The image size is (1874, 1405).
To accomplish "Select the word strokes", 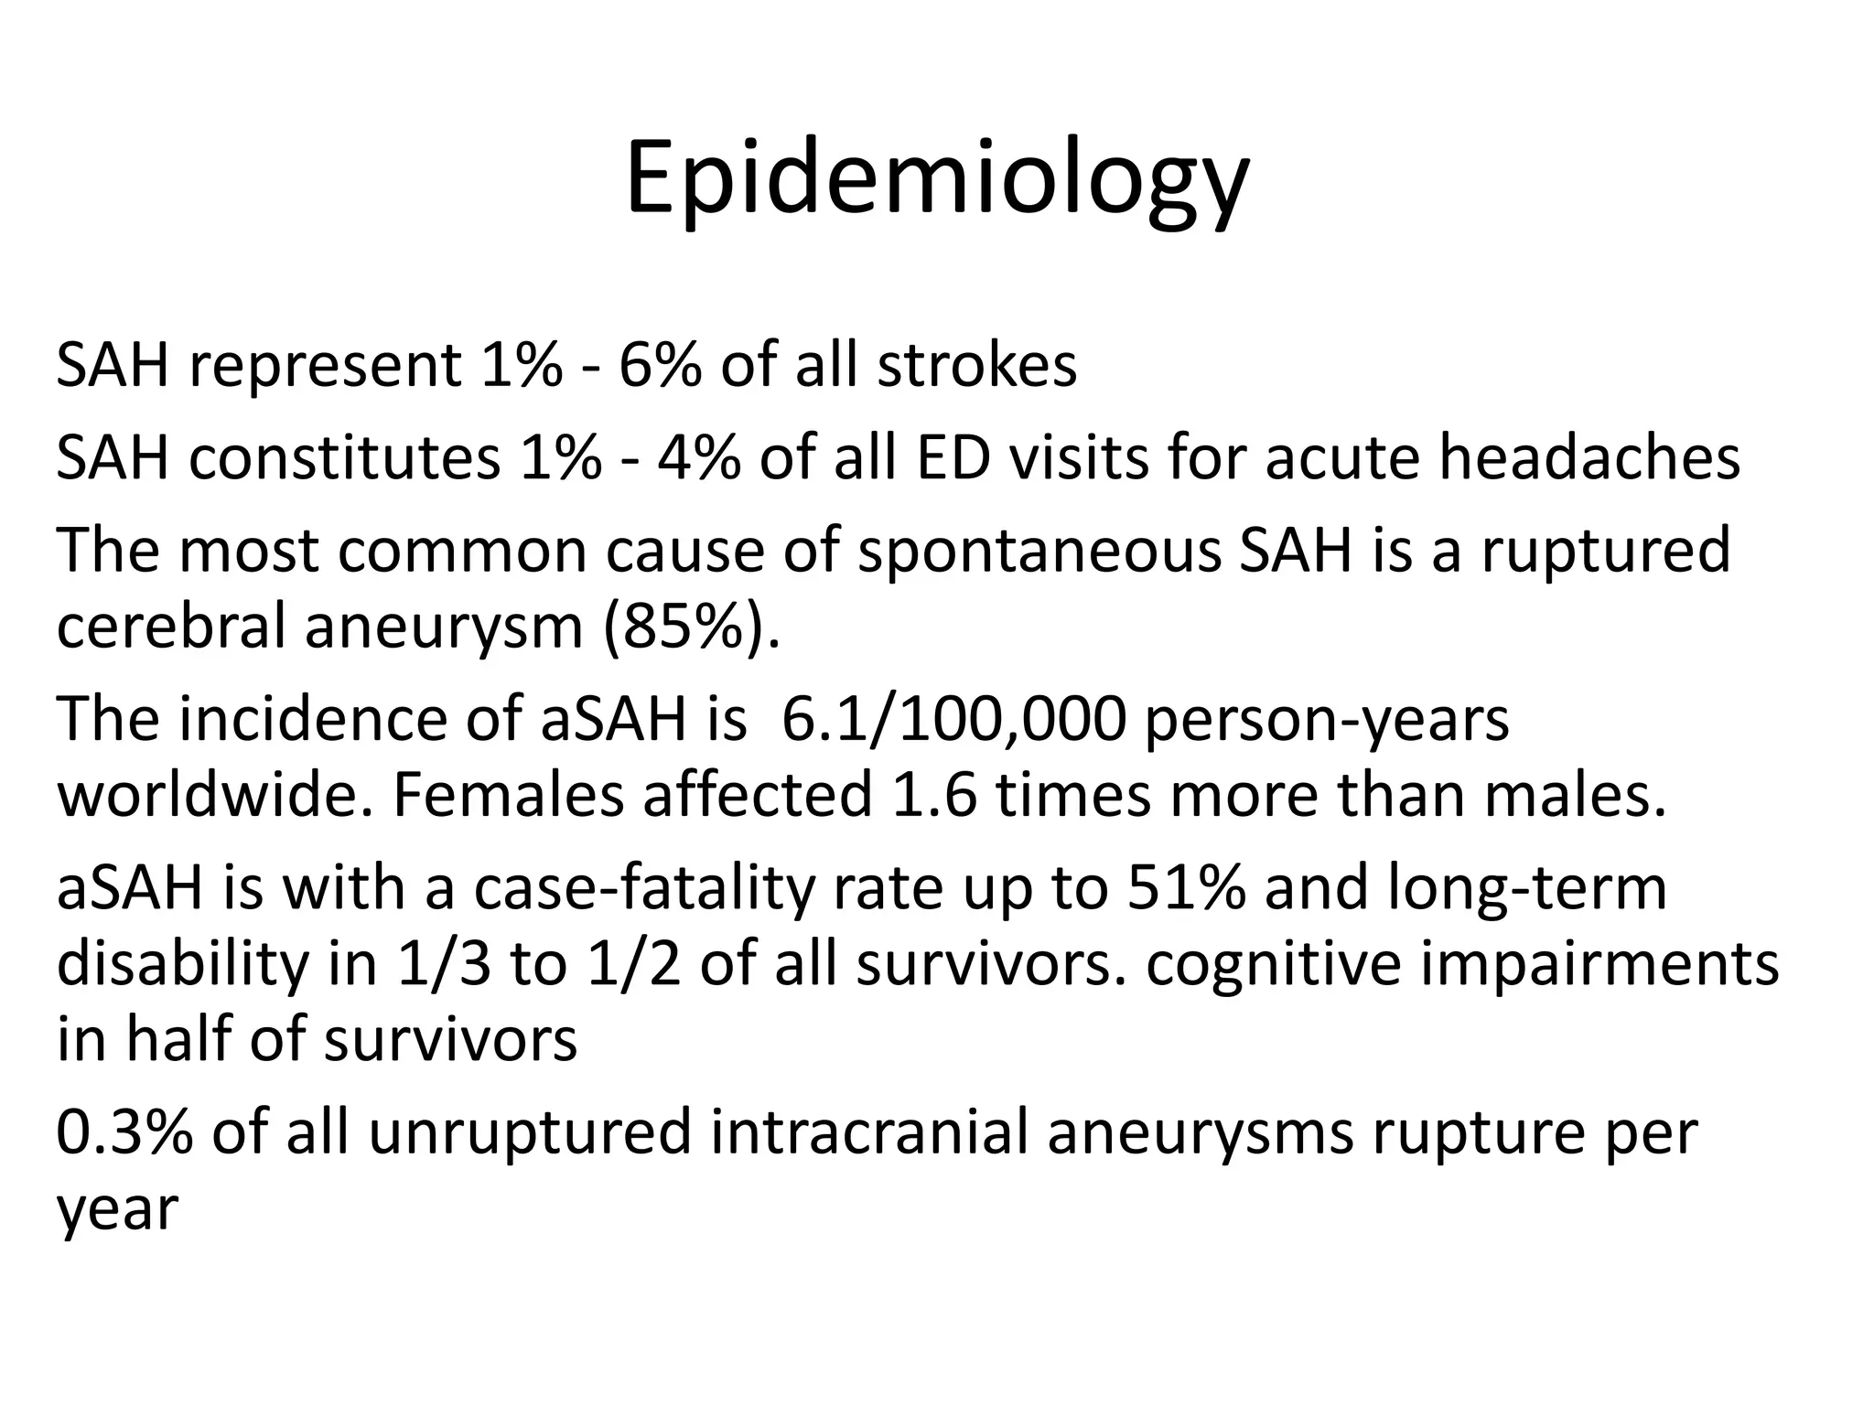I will tap(976, 366).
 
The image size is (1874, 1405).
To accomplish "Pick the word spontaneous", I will tap(1039, 550).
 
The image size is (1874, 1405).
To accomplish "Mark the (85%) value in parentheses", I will tap(692, 628).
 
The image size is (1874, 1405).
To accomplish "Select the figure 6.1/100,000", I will tap(953, 720).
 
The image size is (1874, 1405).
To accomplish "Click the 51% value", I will tap(1184, 889).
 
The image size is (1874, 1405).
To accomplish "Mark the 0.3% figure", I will tap(124, 1132).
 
